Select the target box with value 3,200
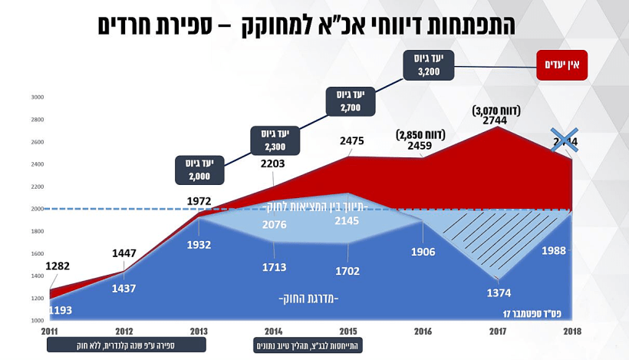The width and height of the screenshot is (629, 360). coord(430,64)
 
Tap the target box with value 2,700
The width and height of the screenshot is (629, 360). coord(352,101)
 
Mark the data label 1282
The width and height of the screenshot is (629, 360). coord(59,266)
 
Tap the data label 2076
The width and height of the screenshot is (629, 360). coord(274,224)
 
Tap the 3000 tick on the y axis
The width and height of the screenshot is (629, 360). coord(38,97)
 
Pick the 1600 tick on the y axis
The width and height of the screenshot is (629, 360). coord(38,253)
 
